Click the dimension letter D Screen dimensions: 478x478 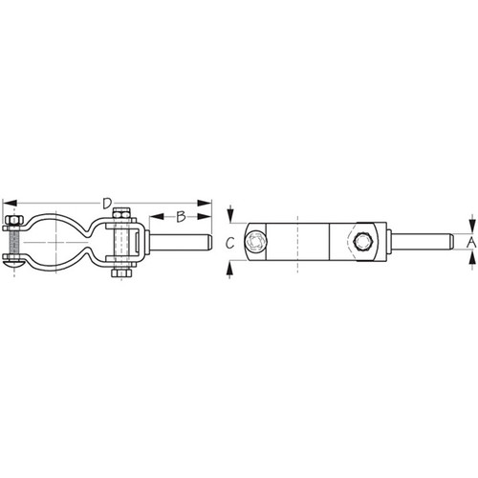(107, 202)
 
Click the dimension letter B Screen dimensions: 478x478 (179, 215)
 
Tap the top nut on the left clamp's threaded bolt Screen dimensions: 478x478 (12, 224)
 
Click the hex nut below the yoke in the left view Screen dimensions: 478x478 (119, 272)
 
